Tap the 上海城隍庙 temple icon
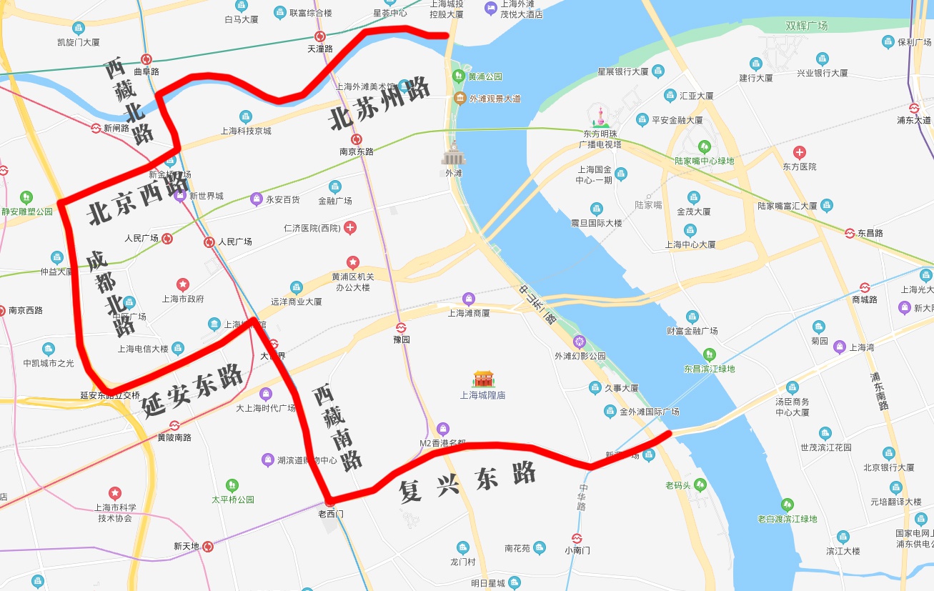pyautogui.click(x=484, y=379)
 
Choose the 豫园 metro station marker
pyautogui.click(x=402, y=327)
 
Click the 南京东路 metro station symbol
pyautogui.click(x=357, y=139)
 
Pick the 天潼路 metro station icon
pyautogui.click(x=320, y=36)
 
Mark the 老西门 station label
pyautogui.click(x=331, y=513)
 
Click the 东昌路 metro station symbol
pyautogui.click(x=850, y=233)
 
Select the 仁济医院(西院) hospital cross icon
pyautogui.click(x=350, y=228)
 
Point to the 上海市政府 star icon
pyautogui.click(x=183, y=284)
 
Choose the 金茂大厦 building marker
pyautogui.click(x=693, y=197)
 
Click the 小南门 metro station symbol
pyautogui.click(x=577, y=538)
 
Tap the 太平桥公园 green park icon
pyautogui.click(x=232, y=485)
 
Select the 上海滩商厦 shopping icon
pyautogui.click(x=469, y=298)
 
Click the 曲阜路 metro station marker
pyautogui.click(x=146, y=59)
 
